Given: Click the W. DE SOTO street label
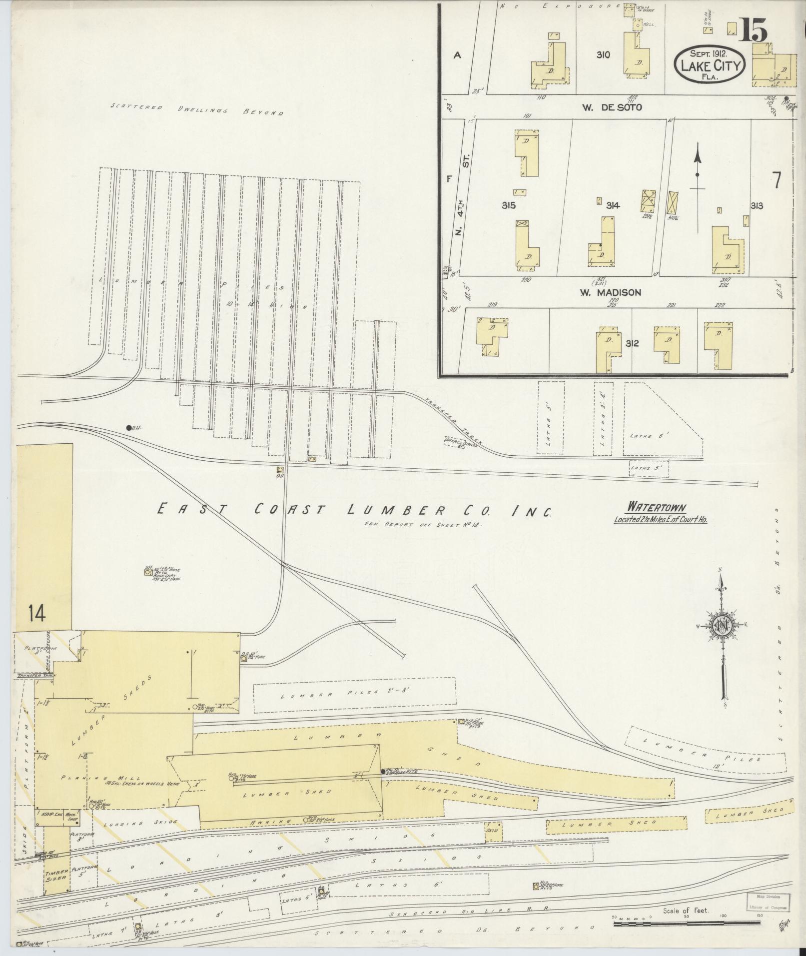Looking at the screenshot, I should point(618,107).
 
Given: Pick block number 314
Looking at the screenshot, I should point(613,205).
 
